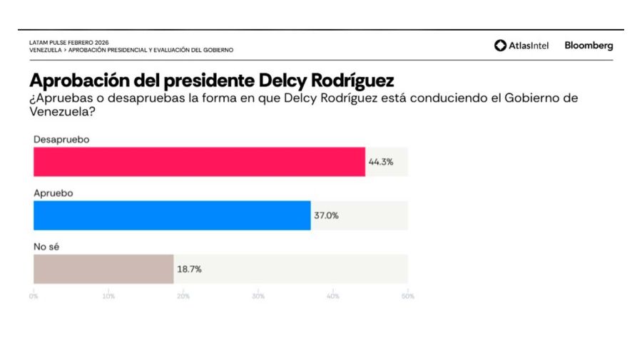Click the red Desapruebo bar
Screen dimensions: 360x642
(x=199, y=162)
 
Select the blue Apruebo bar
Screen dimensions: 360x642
(x=172, y=215)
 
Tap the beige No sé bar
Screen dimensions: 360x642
(x=103, y=269)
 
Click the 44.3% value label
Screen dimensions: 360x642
(x=380, y=162)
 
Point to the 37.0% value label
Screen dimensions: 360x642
(x=326, y=215)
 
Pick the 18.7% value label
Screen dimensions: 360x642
(x=189, y=269)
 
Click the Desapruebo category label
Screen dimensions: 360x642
(x=61, y=140)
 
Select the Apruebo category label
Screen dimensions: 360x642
(x=53, y=192)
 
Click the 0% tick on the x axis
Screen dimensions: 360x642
(x=34, y=296)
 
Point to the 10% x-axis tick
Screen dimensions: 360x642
(x=108, y=296)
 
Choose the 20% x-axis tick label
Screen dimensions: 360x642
(x=183, y=296)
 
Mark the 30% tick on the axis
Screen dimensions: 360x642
(x=258, y=296)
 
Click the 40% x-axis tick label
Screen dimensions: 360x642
(x=333, y=296)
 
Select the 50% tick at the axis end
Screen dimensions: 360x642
(x=407, y=296)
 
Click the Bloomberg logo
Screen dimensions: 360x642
(x=588, y=46)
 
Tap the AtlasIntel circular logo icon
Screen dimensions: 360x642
(x=500, y=46)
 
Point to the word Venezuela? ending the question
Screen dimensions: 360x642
(x=62, y=112)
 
